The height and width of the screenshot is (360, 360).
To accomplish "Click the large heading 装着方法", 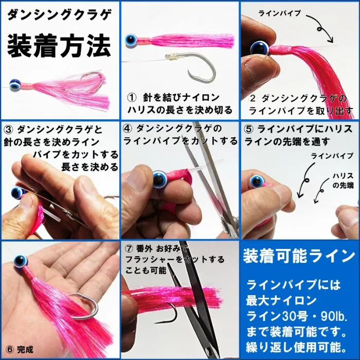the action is (x=59, y=46).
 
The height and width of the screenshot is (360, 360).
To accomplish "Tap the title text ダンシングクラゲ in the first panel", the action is (x=59, y=15).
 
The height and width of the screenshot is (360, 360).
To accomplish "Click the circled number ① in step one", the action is (x=132, y=98).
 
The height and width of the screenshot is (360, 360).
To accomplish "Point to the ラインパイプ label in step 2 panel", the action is (x=280, y=13).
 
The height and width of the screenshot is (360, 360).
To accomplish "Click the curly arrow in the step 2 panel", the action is (x=320, y=28).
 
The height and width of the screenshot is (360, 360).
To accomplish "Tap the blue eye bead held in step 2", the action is (x=260, y=48).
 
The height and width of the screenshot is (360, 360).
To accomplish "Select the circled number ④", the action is (x=128, y=129).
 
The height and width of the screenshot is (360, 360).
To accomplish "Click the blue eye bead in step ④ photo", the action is (x=159, y=179).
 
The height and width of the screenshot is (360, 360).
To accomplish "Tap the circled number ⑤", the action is (x=249, y=130).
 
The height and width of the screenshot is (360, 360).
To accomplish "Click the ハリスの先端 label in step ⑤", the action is (x=343, y=181).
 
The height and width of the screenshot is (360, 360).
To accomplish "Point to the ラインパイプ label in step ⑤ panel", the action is (x=332, y=156).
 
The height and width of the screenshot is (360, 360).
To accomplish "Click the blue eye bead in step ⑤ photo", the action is (x=257, y=181).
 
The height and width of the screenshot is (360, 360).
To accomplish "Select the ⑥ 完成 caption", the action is (x=20, y=350).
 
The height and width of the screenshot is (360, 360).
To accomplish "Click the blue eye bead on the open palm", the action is (x=21, y=261).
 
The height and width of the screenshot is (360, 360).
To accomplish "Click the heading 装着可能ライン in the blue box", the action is (x=299, y=256).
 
